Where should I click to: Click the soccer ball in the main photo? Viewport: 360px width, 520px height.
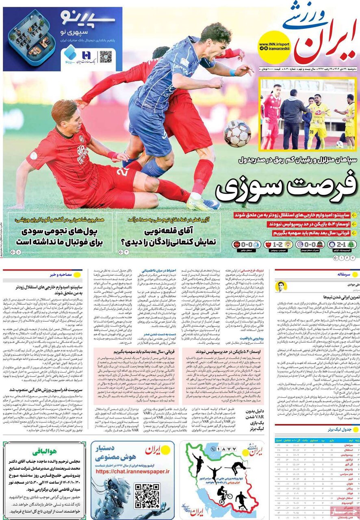pyautogui.click(x=237, y=133)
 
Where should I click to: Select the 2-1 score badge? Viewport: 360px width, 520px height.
pyautogui.click(x=337, y=245)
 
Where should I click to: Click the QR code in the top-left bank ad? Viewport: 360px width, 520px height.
pyautogui.click(x=106, y=56)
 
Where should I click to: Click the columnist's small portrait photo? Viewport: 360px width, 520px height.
pyautogui.click(x=281, y=286)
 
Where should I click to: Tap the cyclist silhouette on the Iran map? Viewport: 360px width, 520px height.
pyautogui.click(x=224, y=494)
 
